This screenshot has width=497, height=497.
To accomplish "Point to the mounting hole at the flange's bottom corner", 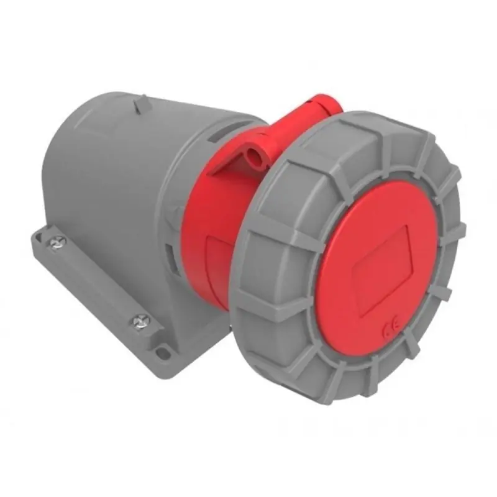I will [163, 353].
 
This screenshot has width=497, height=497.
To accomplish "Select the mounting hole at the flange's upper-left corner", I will [42, 231].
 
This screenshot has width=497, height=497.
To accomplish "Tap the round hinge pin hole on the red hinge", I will [253, 151].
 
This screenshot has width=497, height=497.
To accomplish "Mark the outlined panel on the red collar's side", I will [217, 261].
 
